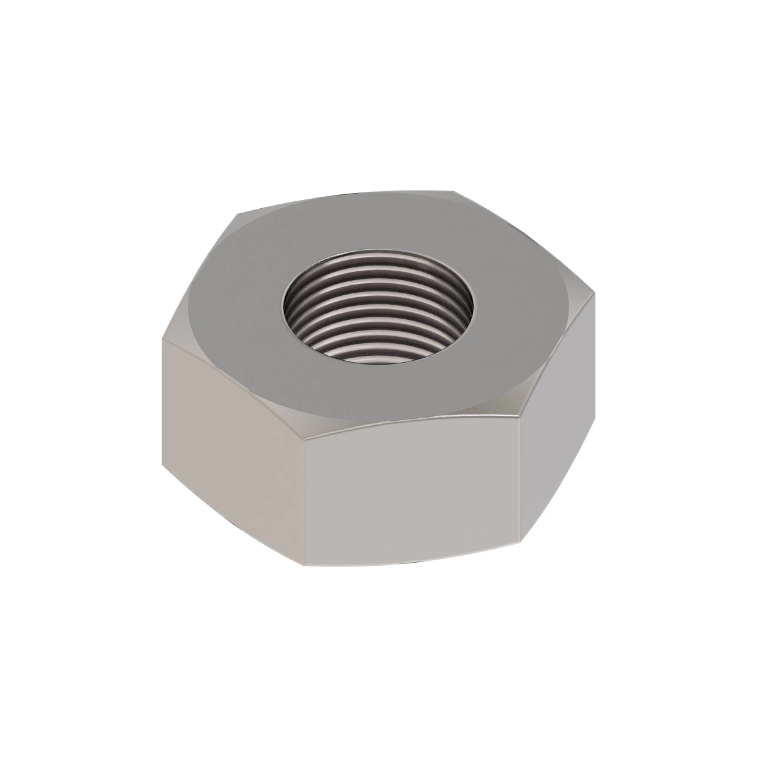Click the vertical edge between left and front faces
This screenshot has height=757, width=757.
pos(304,498)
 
